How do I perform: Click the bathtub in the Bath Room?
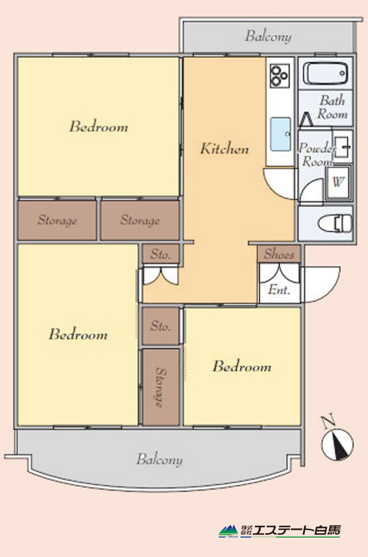click(x=325, y=73)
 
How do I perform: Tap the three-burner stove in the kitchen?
click(x=280, y=76)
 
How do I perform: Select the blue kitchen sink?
click(x=281, y=134)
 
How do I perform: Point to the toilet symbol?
click(x=335, y=223)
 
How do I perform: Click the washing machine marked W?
click(x=338, y=183)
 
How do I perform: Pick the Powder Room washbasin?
click(x=342, y=147)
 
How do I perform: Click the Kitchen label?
click(x=225, y=148)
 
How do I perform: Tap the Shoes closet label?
click(x=279, y=254)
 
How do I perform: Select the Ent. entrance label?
click(x=279, y=289)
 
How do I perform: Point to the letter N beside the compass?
click(x=328, y=420)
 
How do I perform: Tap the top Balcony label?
click(x=268, y=37)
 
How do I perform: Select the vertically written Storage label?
click(x=161, y=387)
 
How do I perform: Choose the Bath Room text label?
click(x=332, y=107)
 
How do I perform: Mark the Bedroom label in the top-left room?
click(x=99, y=127)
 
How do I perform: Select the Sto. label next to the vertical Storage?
click(x=160, y=326)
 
